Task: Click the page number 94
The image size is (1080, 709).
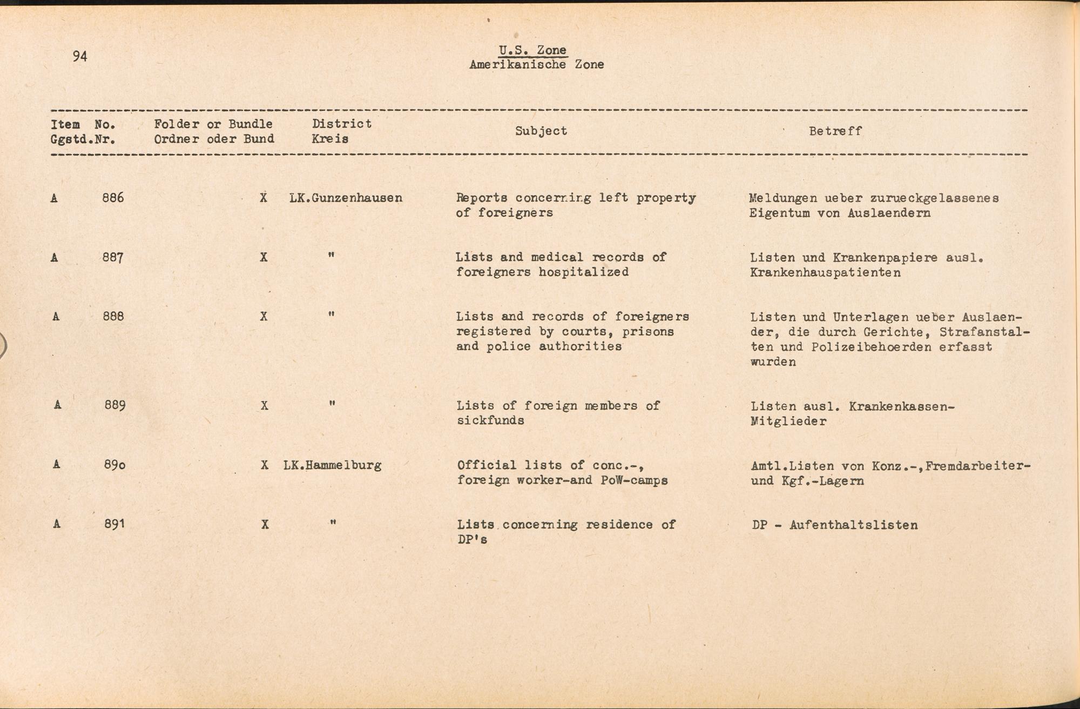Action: [80, 56]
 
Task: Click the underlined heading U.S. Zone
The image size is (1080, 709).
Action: [532, 50]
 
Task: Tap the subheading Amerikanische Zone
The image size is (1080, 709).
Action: [536, 65]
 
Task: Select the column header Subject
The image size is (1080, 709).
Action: [541, 131]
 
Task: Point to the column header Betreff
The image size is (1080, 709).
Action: [835, 131]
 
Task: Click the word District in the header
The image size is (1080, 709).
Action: [342, 124]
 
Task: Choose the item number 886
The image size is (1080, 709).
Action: [113, 198]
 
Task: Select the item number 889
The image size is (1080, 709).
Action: [115, 405]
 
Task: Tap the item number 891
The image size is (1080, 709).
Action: [114, 524]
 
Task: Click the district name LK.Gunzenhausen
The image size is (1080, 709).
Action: [346, 198]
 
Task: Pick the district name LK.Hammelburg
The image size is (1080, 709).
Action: [332, 465]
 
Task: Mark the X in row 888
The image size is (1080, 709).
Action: [264, 317]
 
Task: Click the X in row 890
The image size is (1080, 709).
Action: [265, 465]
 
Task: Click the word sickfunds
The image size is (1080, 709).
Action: [490, 420]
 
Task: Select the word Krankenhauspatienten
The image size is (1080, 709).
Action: [825, 273]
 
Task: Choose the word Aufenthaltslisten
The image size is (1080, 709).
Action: [853, 525]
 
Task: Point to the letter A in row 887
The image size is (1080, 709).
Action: [54, 258]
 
